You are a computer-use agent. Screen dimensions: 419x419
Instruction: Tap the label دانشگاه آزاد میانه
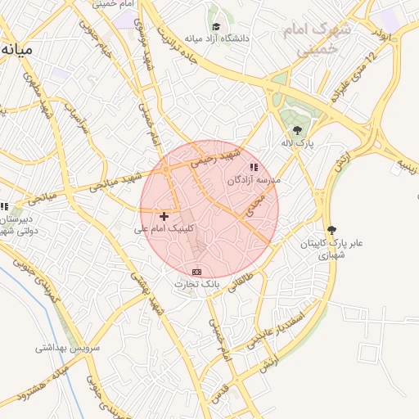click(216, 38)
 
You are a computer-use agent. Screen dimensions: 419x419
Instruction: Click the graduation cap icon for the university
click(216, 26)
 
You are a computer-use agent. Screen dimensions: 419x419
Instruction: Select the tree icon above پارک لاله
click(297, 129)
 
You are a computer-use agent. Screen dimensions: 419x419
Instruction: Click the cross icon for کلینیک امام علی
click(164, 216)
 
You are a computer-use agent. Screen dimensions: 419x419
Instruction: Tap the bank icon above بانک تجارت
click(196, 271)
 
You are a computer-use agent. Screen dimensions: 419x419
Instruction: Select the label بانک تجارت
click(197, 283)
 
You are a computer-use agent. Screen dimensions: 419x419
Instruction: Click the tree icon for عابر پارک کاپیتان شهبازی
click(331, 230)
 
